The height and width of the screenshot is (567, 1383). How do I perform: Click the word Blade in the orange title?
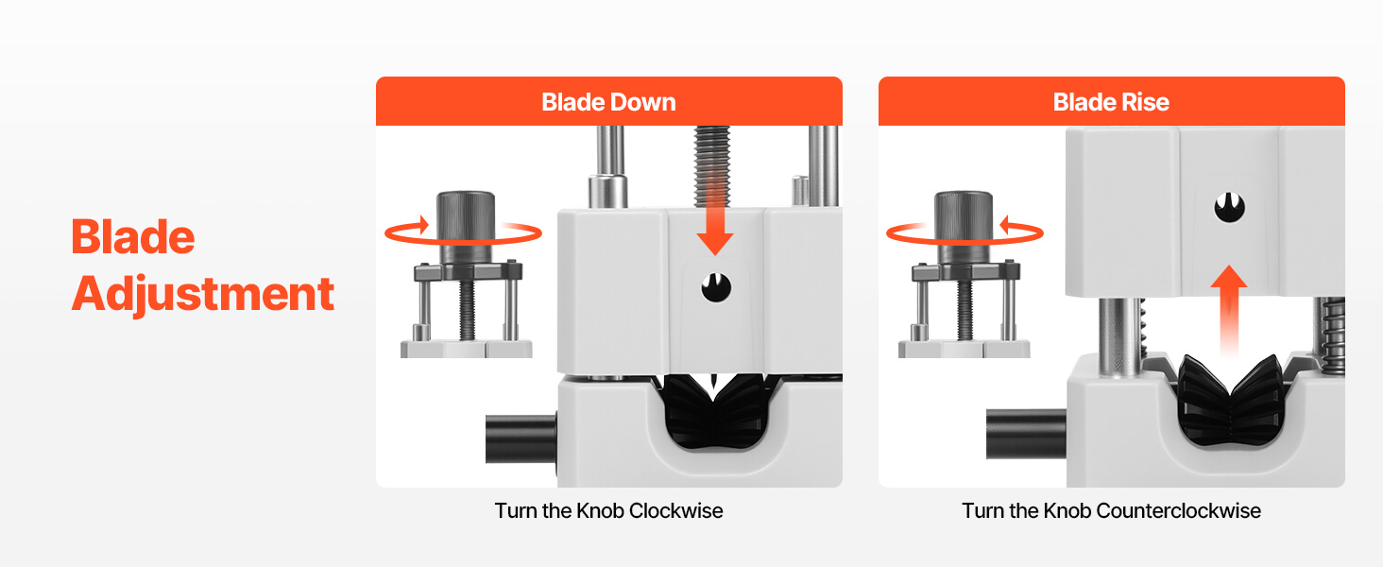pyautogui.click(x=133, y=236)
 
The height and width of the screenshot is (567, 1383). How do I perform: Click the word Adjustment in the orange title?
pyautogui.click(x=203, y=295)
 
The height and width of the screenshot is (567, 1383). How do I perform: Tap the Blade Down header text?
pyautogui.click(x=608, y=102)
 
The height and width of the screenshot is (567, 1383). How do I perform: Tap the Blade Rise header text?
pyautogui.click(x=1111, y=102)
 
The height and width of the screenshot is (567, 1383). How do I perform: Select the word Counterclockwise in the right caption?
pyautogui.click(x=1179, y=511)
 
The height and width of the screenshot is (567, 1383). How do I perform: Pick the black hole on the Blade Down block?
pyautogui.click(x=716, y=287)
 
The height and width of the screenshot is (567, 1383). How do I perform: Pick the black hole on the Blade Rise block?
pyautogui.click(x=1229, y=208)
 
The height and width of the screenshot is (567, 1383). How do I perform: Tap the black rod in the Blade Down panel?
pyautogui.click(x=521, y=439)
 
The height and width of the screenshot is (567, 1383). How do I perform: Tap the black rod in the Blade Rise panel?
pyautogui.click(x=1026, y=434)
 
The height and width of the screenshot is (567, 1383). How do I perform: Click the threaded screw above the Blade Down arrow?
pyautogui.click(x=712, y=165)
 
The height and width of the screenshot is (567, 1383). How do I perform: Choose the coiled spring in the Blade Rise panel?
pyautogui.click(x=1334, y=335)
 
